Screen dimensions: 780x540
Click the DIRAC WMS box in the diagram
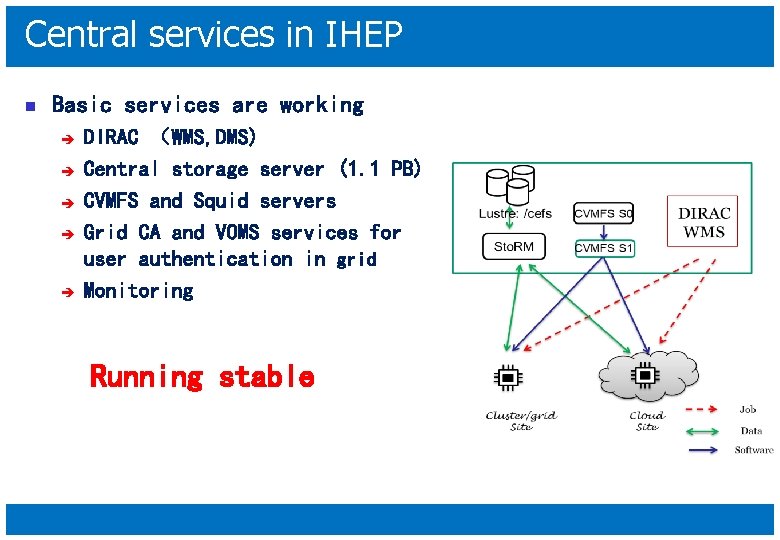tap(704, 223)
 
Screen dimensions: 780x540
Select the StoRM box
tap(514, 246)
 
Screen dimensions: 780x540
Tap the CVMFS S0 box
tap(603, 213)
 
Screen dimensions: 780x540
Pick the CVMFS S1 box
tap(603, 248)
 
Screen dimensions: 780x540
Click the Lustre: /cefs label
tap(515, 213)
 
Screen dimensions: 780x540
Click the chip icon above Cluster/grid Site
tap(507, 376)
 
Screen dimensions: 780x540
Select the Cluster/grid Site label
tap(521, 420)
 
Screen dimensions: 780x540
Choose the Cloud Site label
tap(647, 420)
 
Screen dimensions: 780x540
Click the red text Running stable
tap(202, 377)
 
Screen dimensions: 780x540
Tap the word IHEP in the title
tap(364, 35)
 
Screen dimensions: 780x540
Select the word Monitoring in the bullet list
tap(138, 291)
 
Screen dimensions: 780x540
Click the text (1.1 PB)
tap(380, 169)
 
